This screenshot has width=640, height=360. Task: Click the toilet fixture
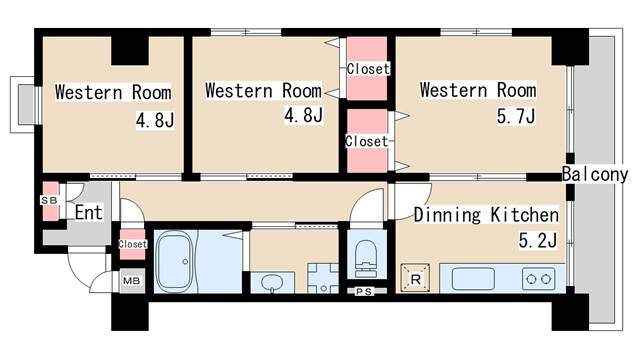[366, 258]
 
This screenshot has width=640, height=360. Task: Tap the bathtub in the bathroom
[175, 262]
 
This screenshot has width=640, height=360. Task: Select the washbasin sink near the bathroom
[271, 282]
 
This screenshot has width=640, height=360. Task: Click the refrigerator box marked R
[416, 279]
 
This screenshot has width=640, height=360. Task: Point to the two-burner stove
[538, 279]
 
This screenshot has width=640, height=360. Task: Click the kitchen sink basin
[473, 279]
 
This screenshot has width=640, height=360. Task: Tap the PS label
[363, 291]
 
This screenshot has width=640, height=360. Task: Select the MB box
[132, 281]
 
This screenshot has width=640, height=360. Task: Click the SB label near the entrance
[49, 200]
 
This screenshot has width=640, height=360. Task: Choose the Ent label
[88, 212]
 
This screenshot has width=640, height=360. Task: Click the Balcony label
[595, 174]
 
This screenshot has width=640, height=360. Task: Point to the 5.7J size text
[515, 116]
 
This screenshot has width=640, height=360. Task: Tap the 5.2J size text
[538, 240]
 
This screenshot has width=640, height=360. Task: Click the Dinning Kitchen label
[486, 215]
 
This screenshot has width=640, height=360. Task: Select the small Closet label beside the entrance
[132, 244]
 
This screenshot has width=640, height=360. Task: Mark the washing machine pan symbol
[323, 278]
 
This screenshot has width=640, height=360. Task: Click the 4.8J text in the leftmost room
[155, 120]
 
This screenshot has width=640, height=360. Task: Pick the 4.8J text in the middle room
[303, 115]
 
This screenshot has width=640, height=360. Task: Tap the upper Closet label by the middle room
[368, 69]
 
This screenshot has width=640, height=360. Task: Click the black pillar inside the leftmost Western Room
[130, 51]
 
